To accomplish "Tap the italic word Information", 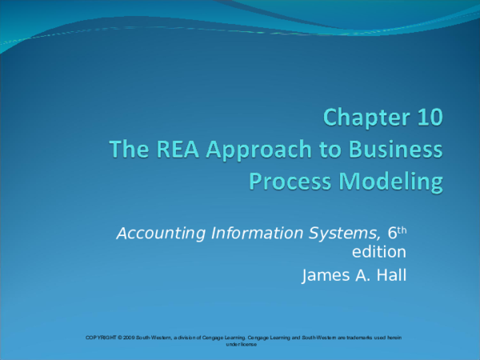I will pos(251,234).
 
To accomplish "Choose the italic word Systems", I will pos(342,234).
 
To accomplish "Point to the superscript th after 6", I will pos(402,230).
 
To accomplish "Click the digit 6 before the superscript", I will pos(392,234).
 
